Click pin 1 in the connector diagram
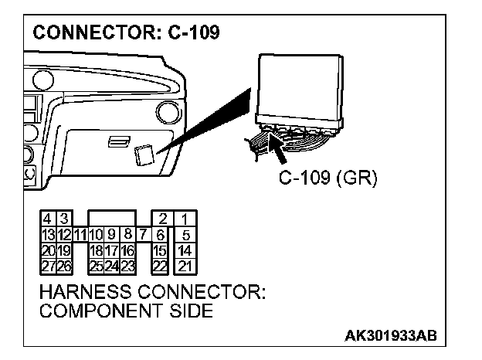[186, 219]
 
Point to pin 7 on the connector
[144, 233]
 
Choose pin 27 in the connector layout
[48, 267]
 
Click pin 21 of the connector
[186, 267]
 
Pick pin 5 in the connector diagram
[186, 234]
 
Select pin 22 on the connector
[161, 267]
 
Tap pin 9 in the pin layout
[112, 233]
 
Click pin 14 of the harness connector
[186, 250]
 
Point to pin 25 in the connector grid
[96, 267]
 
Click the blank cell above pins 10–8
[112, 217]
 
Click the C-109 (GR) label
[328, 180]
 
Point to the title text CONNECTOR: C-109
[124, 33]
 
